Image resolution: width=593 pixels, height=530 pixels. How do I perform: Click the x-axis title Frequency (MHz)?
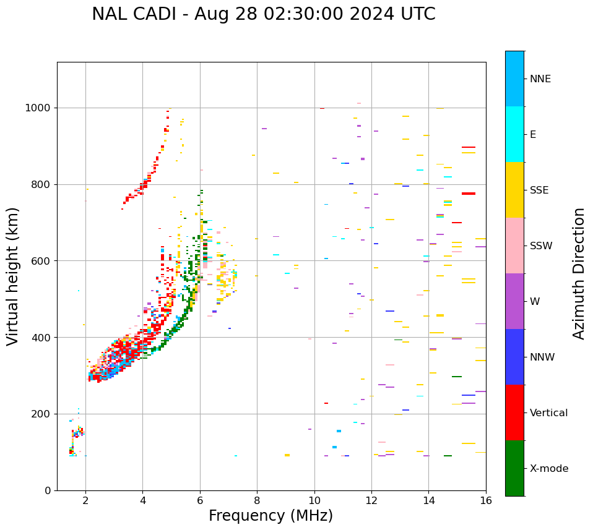click(271, 516)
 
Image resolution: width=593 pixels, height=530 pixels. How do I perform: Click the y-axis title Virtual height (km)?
click(13, 276)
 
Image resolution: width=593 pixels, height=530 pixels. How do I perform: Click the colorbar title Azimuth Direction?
click(579, 273)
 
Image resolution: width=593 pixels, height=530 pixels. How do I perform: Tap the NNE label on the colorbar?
click(540, 79)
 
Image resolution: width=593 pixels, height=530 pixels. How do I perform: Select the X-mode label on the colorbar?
click(548, 469)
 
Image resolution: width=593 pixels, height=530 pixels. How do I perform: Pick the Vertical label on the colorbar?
click(548, 413)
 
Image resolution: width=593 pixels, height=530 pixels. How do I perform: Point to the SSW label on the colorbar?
click(541, 246)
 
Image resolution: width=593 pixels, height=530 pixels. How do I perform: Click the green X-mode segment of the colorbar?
click(514, 468)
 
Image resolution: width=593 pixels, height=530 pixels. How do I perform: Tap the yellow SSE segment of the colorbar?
click(514, 190)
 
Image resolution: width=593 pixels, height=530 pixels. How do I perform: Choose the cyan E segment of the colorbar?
click(514, 134)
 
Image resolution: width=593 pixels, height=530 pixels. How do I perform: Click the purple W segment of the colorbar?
click(514, 301)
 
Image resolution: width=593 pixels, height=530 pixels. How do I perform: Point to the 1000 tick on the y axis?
click(39, 108)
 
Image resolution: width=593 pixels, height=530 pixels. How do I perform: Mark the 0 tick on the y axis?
click(48, 490)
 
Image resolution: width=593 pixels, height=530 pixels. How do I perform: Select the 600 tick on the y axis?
click(41, 261)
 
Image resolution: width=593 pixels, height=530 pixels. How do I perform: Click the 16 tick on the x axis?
click(486, 500)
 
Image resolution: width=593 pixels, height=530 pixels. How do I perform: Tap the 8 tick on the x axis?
click(257, 500)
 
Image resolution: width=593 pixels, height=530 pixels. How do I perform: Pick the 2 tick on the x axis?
click(85, 500)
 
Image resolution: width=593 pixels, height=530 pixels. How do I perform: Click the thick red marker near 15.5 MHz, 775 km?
click(469, 194)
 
